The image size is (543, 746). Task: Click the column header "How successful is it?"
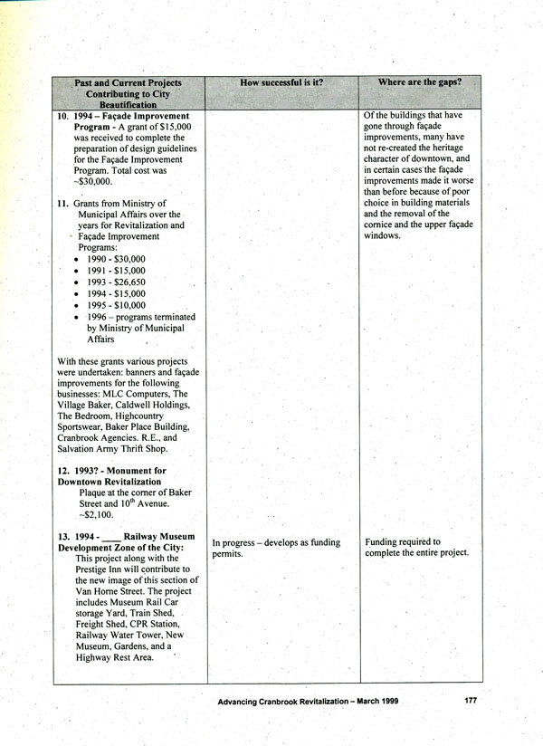point(282,83)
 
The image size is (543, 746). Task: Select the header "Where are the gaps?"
point(420,82)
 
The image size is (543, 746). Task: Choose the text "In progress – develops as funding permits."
point(276,548)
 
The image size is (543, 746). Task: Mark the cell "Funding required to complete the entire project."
point(416,548)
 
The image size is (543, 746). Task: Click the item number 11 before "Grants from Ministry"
point(63,204)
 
